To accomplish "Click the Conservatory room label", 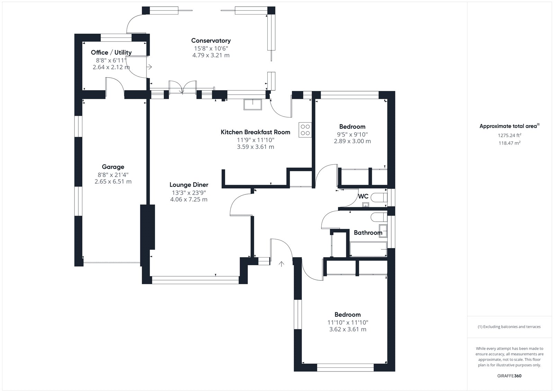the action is coord(211,40).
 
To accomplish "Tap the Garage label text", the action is coord(113,167).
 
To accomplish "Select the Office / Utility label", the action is coord(111,52).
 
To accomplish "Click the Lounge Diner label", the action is coord(189,185).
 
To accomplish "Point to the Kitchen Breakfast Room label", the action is coord(256,132).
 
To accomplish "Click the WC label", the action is coord(363,197).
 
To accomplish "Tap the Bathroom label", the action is coord(368,233).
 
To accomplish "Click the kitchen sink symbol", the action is coord(252,104).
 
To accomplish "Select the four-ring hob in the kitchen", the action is coord(305,130).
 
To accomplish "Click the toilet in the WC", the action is coord(379,198).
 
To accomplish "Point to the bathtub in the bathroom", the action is coord(368,249).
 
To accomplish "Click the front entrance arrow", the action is coord(282,264).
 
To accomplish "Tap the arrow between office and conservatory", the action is coord(149,67).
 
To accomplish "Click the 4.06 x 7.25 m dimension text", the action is coord(189,199).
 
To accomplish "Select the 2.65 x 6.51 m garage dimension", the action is coord(113,182).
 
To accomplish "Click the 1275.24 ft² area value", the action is coord(509,135).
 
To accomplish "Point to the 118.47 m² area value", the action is coord(509,143).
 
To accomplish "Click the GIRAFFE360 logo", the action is coord(509,376).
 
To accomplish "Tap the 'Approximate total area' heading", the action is coord(509,126).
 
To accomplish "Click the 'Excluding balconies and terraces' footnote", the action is coord(509,326).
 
